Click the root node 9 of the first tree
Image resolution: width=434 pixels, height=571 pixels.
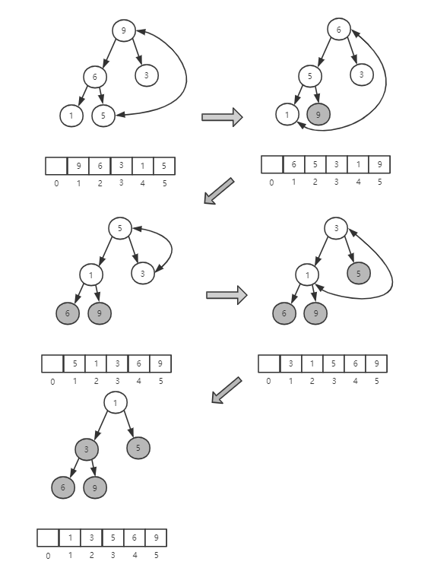123,30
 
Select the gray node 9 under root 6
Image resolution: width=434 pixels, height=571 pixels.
318,116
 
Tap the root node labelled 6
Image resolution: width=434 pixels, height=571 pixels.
338,30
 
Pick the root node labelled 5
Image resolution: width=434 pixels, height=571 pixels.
119,227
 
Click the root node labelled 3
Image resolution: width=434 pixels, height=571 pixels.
335,227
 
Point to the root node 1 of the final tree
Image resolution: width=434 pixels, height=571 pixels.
115,403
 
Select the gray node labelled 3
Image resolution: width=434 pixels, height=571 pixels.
87,449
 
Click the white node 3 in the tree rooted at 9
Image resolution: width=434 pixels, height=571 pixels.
146,75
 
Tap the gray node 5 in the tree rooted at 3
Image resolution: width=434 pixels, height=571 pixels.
359,273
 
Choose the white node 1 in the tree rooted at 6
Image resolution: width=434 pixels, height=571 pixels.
287,116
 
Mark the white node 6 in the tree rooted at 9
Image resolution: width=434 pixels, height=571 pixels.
95,77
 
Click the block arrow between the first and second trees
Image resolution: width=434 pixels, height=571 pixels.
222,116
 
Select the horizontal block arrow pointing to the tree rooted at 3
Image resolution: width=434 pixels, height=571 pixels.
227,295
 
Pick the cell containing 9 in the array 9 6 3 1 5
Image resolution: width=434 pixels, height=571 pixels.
78,167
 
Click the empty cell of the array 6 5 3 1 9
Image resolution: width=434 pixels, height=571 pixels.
271,165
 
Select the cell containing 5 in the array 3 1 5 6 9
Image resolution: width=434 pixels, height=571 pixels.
332,363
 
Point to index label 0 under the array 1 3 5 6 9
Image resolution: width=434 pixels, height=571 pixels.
48,556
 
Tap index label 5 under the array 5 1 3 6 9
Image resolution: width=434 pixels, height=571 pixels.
160,380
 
